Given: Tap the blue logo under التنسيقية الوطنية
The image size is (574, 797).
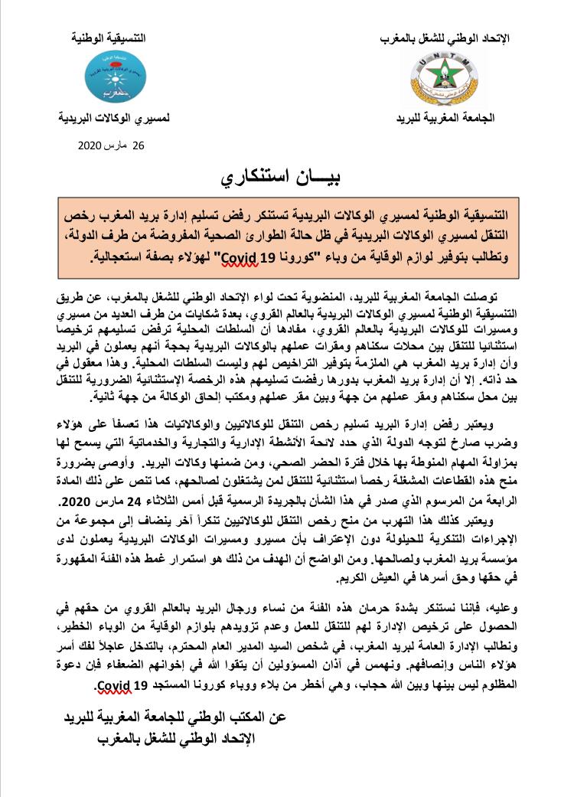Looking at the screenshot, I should [x=113, y=79].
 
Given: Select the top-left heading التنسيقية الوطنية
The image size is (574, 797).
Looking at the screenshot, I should [x=113, y=38].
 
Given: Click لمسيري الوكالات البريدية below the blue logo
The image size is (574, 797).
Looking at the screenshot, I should [x=115, y=120].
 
